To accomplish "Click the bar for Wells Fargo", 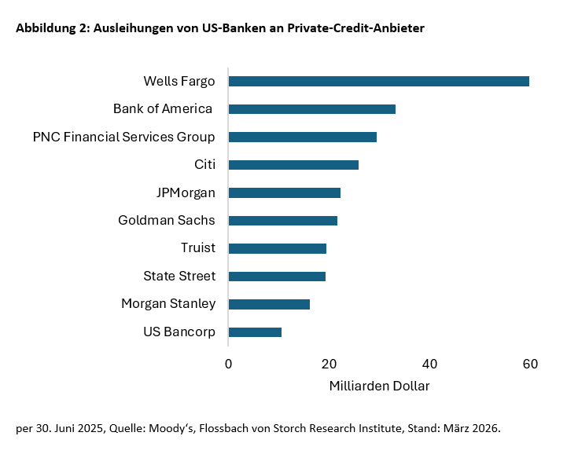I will coord(378,81).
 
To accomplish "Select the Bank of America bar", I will coord(311,109).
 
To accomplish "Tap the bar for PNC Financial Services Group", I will coord(302,137).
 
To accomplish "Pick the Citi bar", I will coord(293,165).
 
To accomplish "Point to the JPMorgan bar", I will coord(284,192).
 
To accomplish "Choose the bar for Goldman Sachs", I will coord(282,221).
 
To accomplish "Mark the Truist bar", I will coord(277,248).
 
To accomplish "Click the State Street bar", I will coord(277,277).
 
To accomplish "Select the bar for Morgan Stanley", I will coord(269,304).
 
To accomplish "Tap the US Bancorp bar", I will coord(255,332).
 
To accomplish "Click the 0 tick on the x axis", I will coord(228,364).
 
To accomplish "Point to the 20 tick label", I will coord(329,364).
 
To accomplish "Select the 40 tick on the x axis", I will coord(429,364).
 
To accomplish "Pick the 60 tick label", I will coord(530,364).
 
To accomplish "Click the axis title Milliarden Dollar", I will coord(378,387).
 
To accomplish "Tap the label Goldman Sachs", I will coord(167,221).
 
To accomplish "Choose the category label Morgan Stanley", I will coord(168,304).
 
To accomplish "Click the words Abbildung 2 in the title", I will coord(52,28).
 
